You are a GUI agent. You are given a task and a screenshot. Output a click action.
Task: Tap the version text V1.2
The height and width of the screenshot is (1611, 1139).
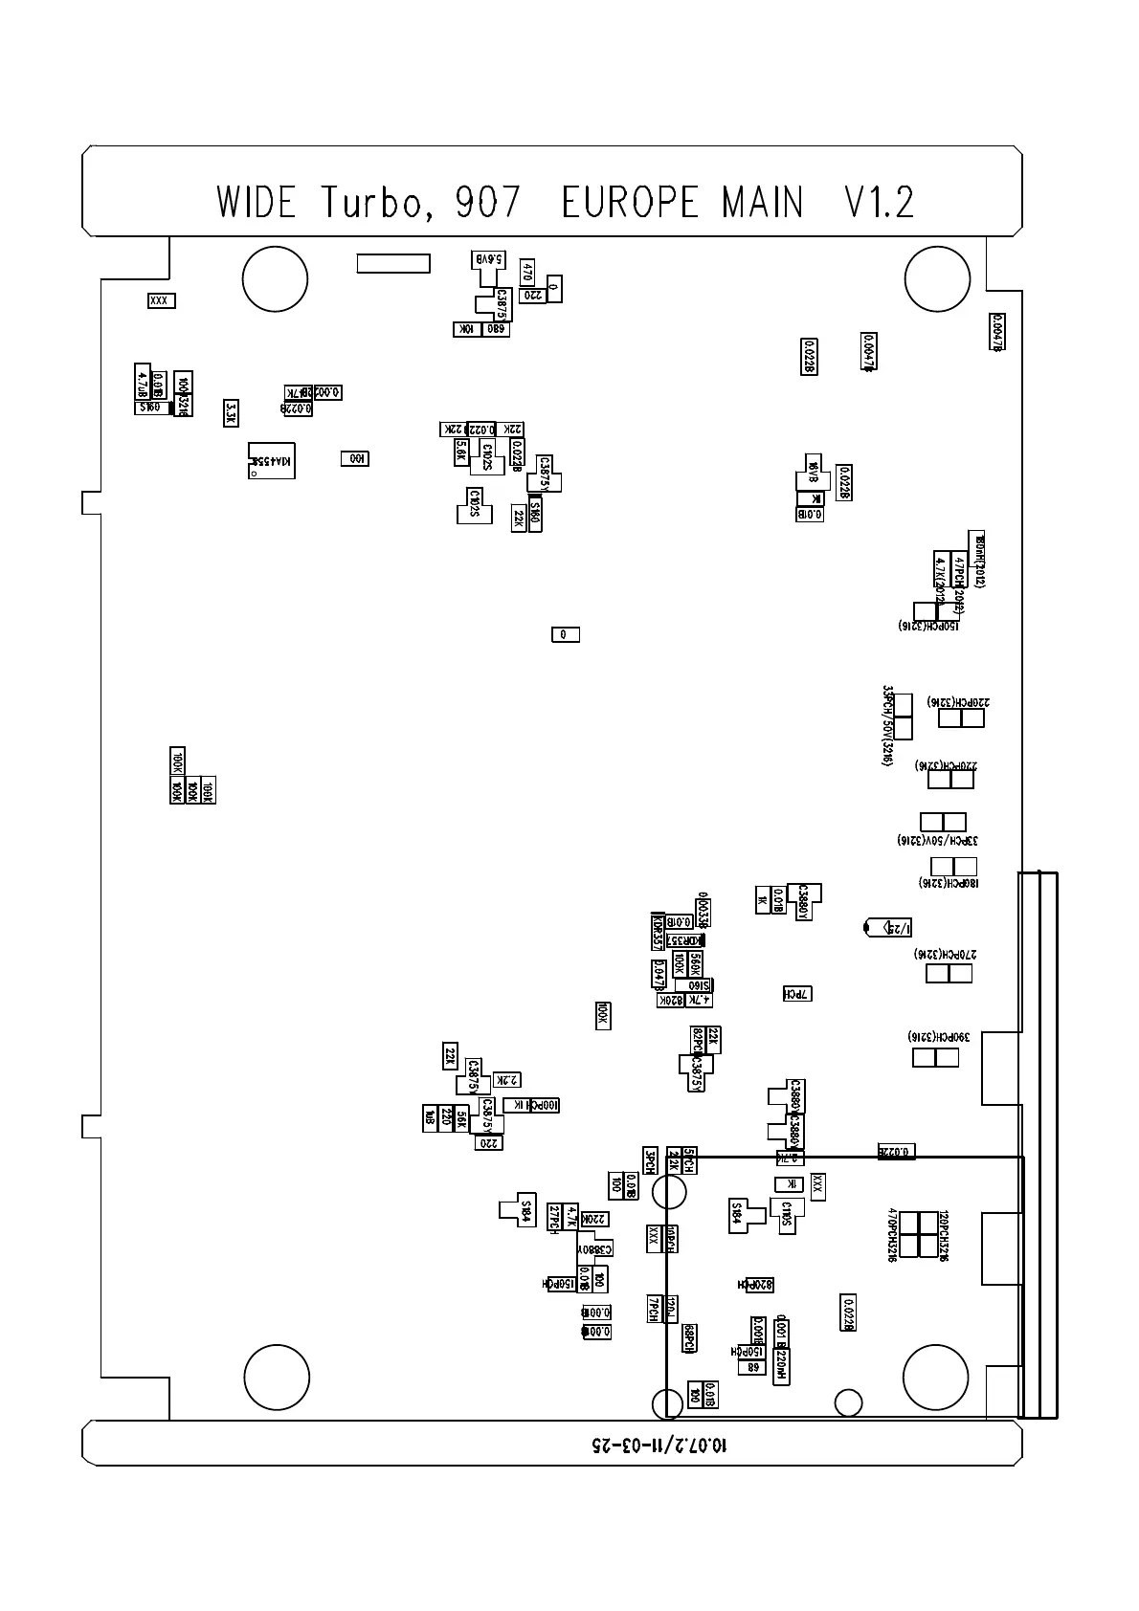tap(879, 202)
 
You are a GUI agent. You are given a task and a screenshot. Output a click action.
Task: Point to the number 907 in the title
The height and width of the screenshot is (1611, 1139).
tap(487, 202)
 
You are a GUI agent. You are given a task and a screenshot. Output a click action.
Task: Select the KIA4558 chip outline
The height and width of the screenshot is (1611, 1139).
tap(271, 461)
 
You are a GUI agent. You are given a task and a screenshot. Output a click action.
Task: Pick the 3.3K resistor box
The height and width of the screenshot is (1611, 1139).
tap(231, 412)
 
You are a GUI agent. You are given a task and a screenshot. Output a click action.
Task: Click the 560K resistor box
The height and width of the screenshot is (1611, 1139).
tap(696, 963)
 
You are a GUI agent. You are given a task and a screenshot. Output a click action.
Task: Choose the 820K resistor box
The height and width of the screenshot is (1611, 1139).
tap(672, 1000)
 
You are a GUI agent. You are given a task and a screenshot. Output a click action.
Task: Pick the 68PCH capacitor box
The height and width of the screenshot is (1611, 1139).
tap(688, 1337)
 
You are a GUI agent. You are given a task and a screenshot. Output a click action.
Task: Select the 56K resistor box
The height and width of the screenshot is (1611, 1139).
tap(461, 1118)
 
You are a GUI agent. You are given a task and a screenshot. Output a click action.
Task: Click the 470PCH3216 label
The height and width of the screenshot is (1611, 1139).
tap(892, 1234)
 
